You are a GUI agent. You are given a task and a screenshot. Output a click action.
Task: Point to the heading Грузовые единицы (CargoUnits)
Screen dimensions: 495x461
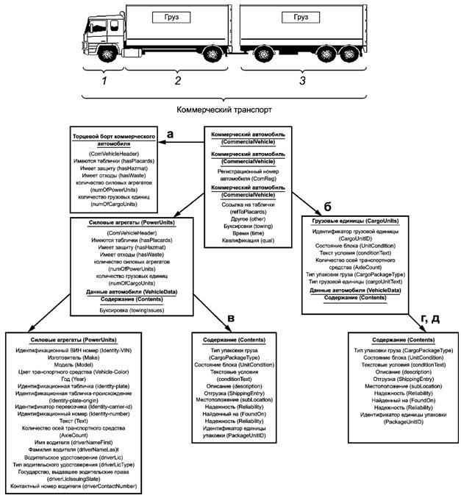(354, 221)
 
